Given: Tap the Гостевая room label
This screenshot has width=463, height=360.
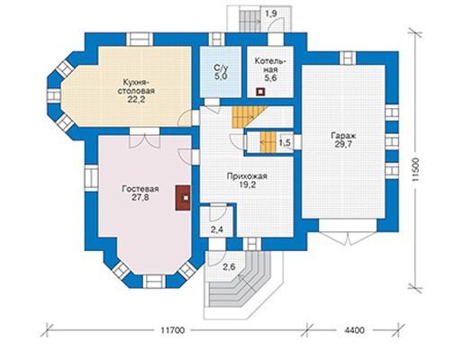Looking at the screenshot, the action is pos(141,189).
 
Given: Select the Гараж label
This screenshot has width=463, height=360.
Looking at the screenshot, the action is pos(343,136).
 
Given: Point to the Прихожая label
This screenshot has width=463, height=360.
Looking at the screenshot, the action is pos(247,176).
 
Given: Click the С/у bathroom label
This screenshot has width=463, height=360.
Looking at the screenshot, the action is pos(221,68).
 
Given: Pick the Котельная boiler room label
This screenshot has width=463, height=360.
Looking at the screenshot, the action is pos(269,66).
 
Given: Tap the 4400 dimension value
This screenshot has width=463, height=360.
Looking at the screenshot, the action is pos(354,330).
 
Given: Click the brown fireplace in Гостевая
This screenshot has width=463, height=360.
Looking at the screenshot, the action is pos(183,198).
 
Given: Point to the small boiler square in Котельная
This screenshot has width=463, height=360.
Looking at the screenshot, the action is pos(260,93).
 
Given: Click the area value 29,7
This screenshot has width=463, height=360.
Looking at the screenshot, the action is pos(343,145).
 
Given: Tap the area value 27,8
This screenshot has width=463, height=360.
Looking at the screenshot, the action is pos(141,198).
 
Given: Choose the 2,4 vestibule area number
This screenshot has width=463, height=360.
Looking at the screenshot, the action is pos(217,230).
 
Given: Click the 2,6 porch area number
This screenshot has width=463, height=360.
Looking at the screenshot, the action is pos(229,266).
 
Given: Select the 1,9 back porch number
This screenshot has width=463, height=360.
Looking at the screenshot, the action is pos(271,14).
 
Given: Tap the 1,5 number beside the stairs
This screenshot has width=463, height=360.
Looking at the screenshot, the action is pos(285,143).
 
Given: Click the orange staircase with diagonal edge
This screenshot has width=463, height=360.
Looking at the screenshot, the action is pos(246,117).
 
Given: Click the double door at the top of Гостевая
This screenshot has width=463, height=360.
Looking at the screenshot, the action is pos(144,139).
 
